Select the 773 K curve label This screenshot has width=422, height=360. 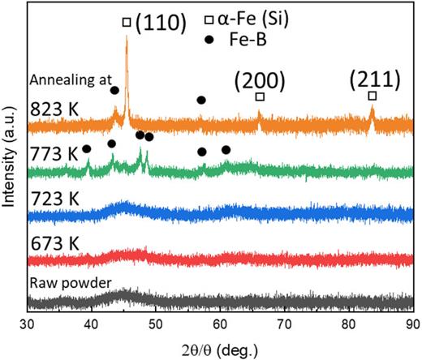(50, 152)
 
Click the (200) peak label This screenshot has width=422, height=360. (259, 80)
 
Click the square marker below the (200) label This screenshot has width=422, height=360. (260, 97)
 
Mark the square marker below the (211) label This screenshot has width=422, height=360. (372, 96)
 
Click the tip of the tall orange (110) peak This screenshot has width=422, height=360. (127, 36)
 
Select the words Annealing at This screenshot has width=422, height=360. (64, 80)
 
